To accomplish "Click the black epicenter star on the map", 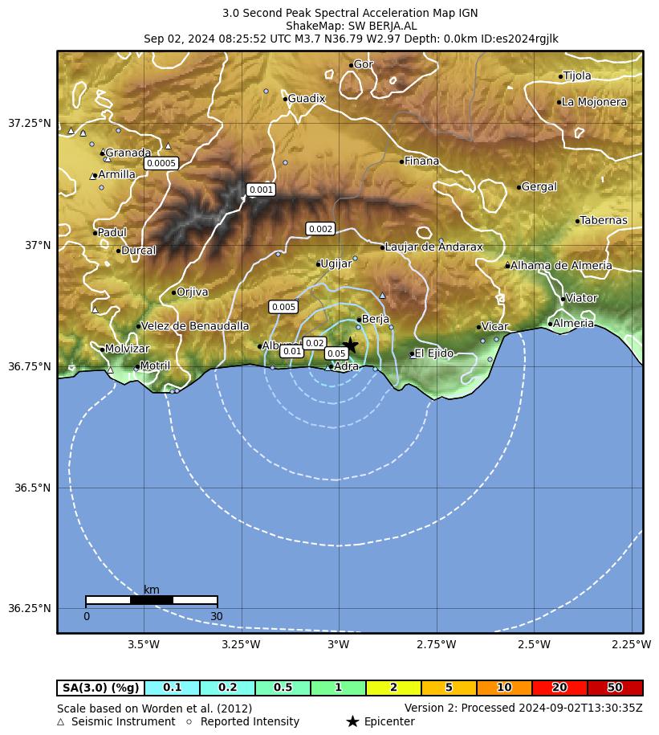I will click(x=350, y=345).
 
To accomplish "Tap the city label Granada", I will click(x=128, y=153).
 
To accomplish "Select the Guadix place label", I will click(x=306, y=99).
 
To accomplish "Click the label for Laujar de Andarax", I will click(x=433, y=247).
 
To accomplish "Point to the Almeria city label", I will click(x=573, y=324).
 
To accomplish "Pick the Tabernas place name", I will click(x=603, y=221).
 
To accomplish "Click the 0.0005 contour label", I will click(x=161, y=164).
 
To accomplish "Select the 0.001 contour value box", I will click(x=261, y=190).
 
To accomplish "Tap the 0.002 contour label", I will click(x=320, y=230).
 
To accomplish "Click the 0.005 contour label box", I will click(x=283, y=307).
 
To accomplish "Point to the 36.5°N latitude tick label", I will click(x=33, y=488).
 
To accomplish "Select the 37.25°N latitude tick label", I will click(x=30, y=124).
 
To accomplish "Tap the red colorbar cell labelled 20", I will click(x=559, y=688).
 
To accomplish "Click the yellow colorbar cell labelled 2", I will click(x=393, y=688).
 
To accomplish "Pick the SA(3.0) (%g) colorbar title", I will click(x=101, y=688).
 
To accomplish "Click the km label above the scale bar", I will click(x=151, y=590).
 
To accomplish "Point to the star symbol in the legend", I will click(x=352, y=721).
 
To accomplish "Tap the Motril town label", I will click(x=154, y=366).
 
